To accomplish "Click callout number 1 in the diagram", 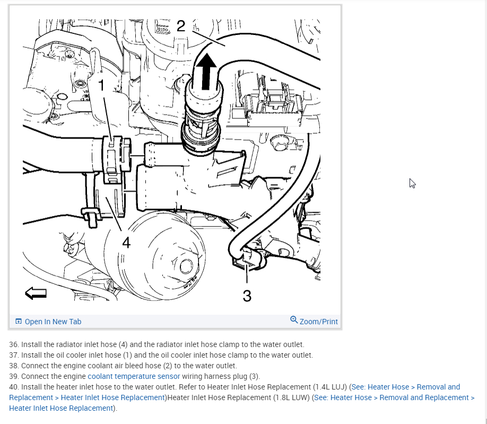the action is (101, 85).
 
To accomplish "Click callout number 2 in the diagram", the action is (181, 26).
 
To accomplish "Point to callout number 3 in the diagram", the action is (247, 296).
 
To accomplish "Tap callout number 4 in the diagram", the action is (126, 243).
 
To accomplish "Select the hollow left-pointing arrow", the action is (36, 292).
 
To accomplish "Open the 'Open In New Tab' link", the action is (53, 322).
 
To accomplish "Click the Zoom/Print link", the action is (318, 322).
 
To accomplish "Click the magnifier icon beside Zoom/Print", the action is (294, 320).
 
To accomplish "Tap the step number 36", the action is (14, 344).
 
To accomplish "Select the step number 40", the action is (14, 387).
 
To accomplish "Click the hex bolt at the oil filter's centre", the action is (185, 265).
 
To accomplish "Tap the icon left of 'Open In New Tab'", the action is (19, 322).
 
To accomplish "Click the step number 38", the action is (14, 366).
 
